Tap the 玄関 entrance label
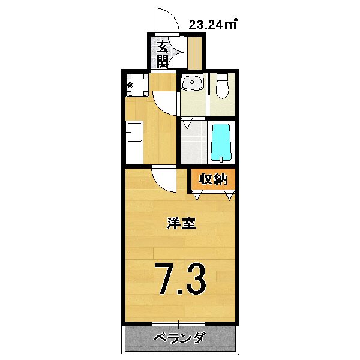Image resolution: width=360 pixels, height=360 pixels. (163, 53)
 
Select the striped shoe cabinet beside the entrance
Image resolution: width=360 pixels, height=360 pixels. (194, 53)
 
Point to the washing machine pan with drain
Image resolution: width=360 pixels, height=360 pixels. (137, 85)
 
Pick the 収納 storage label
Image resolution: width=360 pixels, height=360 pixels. (212, 179)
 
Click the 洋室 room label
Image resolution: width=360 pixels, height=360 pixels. (179, 223)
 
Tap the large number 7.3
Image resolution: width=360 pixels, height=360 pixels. (182, 279)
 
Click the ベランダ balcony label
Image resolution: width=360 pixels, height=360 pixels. (179, 337)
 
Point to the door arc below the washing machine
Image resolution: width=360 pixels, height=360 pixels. (163, 101)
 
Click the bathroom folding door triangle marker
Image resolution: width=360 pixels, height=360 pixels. (187, 124)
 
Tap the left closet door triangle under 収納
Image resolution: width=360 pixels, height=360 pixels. (197, 195)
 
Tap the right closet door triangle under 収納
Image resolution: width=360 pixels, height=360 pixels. (229, 195)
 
